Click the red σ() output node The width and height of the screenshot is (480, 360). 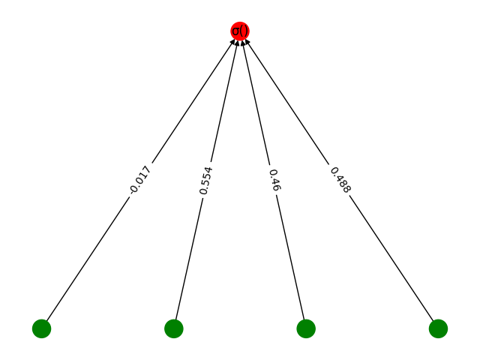click(240, 31)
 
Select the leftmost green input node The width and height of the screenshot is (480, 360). click(41, 328)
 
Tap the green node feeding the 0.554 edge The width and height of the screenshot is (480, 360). click(173, 328)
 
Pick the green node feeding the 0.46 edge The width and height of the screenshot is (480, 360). click(306, 328)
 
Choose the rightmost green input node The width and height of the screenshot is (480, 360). click(438, 328)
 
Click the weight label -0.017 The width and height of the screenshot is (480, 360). click(140, 180)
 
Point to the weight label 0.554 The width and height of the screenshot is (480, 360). click(206, 180)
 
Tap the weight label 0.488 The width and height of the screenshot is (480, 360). click(340, 180)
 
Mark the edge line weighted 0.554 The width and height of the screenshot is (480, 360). click(190, 255)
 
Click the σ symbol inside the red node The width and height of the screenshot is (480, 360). click(236, 31)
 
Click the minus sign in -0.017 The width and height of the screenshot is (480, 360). click(132, 193)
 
